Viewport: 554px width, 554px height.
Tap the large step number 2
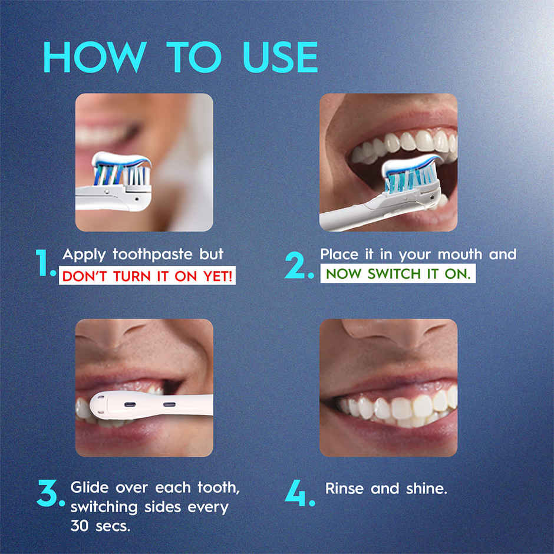pos(299,266)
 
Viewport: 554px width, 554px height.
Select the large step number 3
pos(50,494)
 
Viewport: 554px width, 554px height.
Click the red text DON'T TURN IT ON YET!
pos(147,275)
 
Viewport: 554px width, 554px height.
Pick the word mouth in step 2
pos(451,255)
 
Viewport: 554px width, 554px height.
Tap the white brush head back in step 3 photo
pos(147,405)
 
